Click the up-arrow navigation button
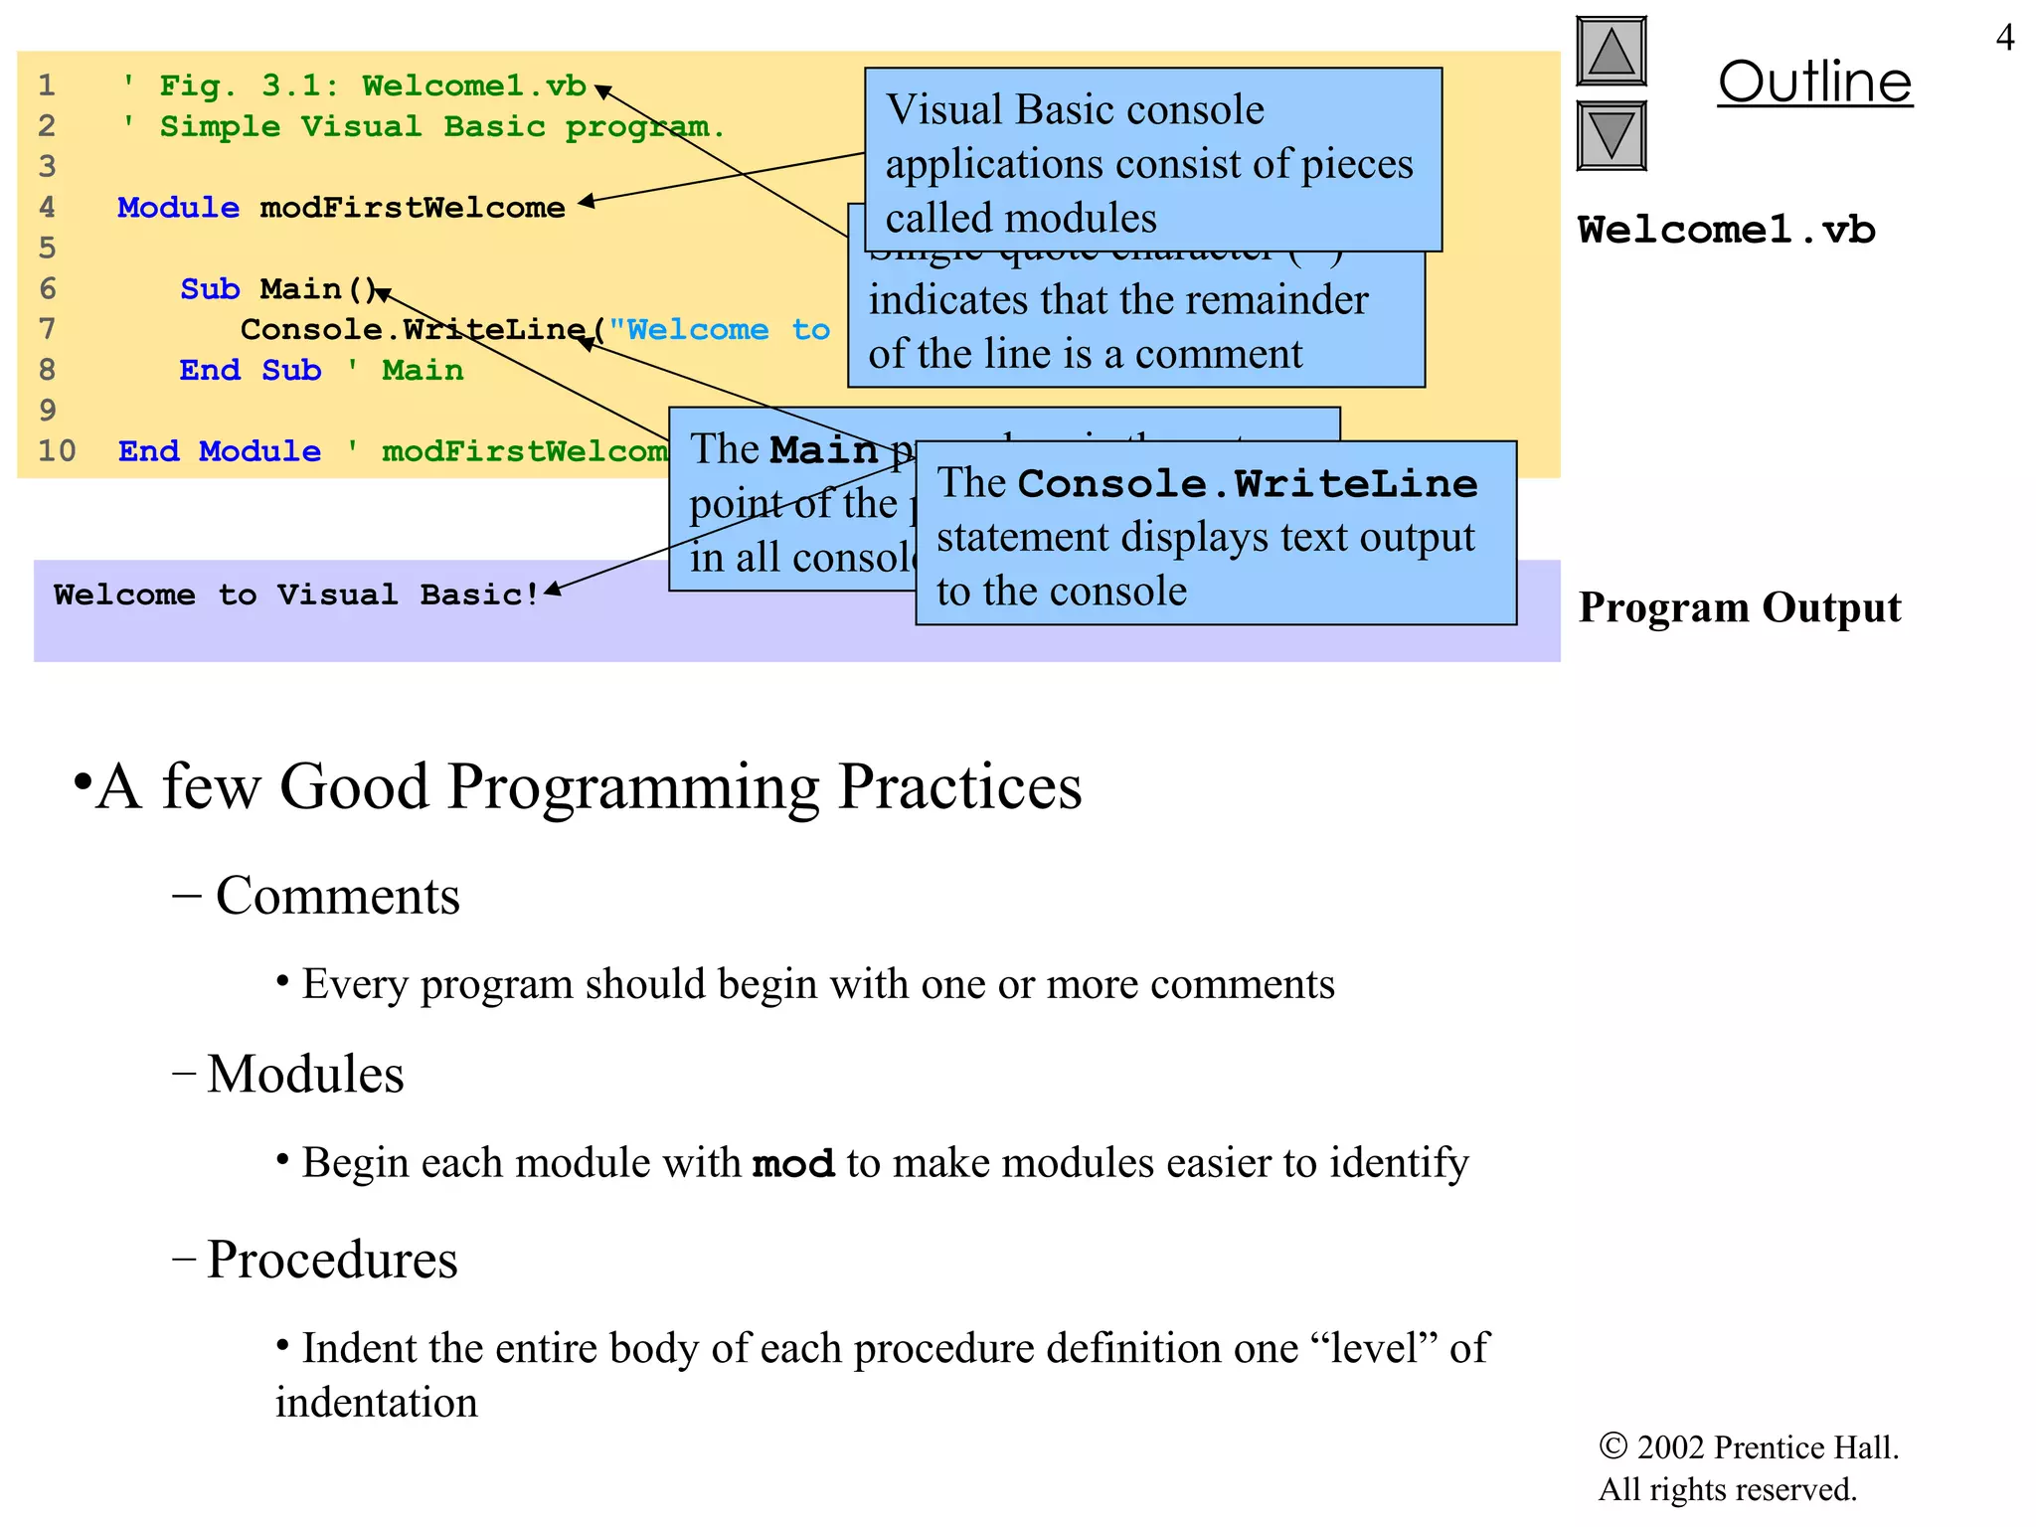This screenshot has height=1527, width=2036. click(x=1611, y=52)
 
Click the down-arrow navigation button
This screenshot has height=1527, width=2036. click(x=1611, y=136)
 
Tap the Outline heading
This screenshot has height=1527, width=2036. click(x=1814, y=83)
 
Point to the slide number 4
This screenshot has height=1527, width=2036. click(x=2004, y=38)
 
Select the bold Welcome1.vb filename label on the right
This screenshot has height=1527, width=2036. click(x=1726, y=231)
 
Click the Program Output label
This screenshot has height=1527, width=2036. click(x=1740, y=607)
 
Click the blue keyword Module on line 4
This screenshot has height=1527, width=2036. click(x=178, y=208)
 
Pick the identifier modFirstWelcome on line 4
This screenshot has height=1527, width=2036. click(x=413, y=208)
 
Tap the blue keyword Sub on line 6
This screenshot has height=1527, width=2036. click(x=210, y=289)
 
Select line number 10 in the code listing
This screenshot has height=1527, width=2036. click(x=57, y=451)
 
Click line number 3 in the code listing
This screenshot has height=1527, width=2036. click(x=47, y=167)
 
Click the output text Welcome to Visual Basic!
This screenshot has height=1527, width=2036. click(x=296, y=595)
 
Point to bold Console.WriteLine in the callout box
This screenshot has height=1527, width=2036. click(x=1248, y=484)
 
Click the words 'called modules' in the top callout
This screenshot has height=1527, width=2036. click(x=1021, y=219)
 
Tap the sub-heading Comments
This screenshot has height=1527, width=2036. click(x=337, y=896)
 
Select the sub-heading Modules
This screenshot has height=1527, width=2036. click(x=305, y=1075)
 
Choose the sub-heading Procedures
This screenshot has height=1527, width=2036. click(x=332, y=1261)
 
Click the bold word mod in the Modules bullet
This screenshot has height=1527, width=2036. click(x=792, y=1164)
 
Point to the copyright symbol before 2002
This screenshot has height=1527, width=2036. click(x=1612, y=1446)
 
